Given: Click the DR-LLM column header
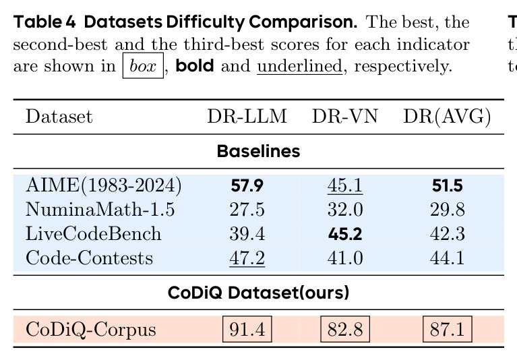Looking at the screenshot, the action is [x=247, y=117].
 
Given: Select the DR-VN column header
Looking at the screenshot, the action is [x=344, y=117].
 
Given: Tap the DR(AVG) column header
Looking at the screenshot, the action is [x=447, y=117].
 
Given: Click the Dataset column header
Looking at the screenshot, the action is [x=59, y=117].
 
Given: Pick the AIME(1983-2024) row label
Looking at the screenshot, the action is [x=104, y=185].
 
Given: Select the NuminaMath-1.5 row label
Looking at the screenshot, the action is [x=100, y=210].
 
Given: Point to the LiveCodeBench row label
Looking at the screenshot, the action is [x=93, y=234].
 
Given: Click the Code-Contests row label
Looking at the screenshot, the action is [x=89, y=258].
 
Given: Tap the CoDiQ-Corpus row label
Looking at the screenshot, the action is [x=91, y=330].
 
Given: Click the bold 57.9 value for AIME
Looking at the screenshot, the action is [x=247, y=185].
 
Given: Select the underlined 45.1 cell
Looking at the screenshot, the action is [x=345, y=185].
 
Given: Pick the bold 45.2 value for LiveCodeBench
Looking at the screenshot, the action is [x=345, y=234].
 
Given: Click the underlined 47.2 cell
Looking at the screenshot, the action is [x=247, y=258].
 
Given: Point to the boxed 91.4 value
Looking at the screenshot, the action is [x=247, y=329].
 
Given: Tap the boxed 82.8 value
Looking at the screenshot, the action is [x=345, y=329].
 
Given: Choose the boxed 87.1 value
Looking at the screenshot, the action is [x=448, y=329].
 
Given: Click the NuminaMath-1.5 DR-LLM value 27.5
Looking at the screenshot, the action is [x=247, y=210].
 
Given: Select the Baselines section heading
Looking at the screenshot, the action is [x=259, y=151].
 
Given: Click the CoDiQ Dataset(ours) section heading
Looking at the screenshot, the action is [x=259, y=293].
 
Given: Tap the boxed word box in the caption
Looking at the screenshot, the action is [x=143, y=65].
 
